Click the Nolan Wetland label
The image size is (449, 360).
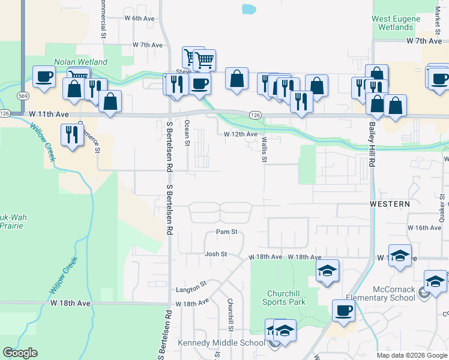coord(80,62)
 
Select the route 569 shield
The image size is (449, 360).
coord(23,96)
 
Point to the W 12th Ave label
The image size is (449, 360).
coord(241,134)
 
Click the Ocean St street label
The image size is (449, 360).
coord(187,136)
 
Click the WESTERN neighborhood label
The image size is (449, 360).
coord(390,204)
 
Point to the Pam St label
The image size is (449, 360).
coord(227,232)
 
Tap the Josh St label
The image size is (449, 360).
coord(215,254)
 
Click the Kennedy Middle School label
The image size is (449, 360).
coord(221,343)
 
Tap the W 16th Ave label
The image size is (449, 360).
coord(424,228)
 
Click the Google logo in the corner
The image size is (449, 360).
coord(20,353)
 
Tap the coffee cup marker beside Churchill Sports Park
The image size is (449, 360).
coord(343,310)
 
